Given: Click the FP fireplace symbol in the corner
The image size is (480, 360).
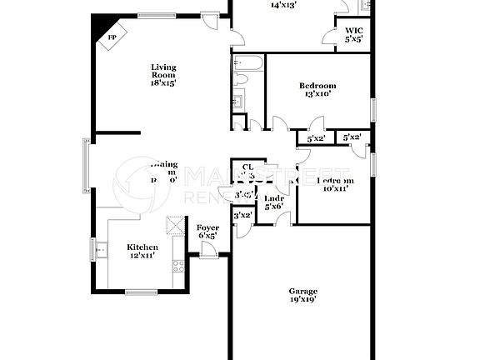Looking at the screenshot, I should [x=110, y=39].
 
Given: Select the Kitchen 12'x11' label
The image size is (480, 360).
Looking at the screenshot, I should [x=142, y=252].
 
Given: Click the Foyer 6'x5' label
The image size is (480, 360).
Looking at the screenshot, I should [x=207, y=232].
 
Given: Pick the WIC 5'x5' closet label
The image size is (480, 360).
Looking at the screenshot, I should [x=354, y=35].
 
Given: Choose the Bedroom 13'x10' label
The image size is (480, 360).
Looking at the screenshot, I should [x=317, y=90].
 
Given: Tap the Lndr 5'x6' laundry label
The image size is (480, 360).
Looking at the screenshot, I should [x=274, y=202].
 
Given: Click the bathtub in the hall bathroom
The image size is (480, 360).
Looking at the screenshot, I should [x=248, y=62].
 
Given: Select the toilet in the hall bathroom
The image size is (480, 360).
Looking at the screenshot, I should [x=242, y=80].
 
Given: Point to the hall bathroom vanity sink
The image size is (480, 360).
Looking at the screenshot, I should [x=238, y=102].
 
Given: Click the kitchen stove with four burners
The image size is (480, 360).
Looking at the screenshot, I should [x=177, y=267].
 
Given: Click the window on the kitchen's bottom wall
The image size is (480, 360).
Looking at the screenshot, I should [x=141, y=291].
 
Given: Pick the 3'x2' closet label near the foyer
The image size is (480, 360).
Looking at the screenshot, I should [x=242, y=216].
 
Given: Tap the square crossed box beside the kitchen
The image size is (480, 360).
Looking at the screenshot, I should [x=175, y=226].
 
